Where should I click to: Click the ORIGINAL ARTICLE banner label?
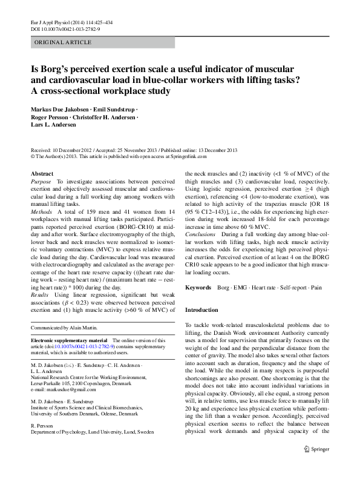pos(63,42)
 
